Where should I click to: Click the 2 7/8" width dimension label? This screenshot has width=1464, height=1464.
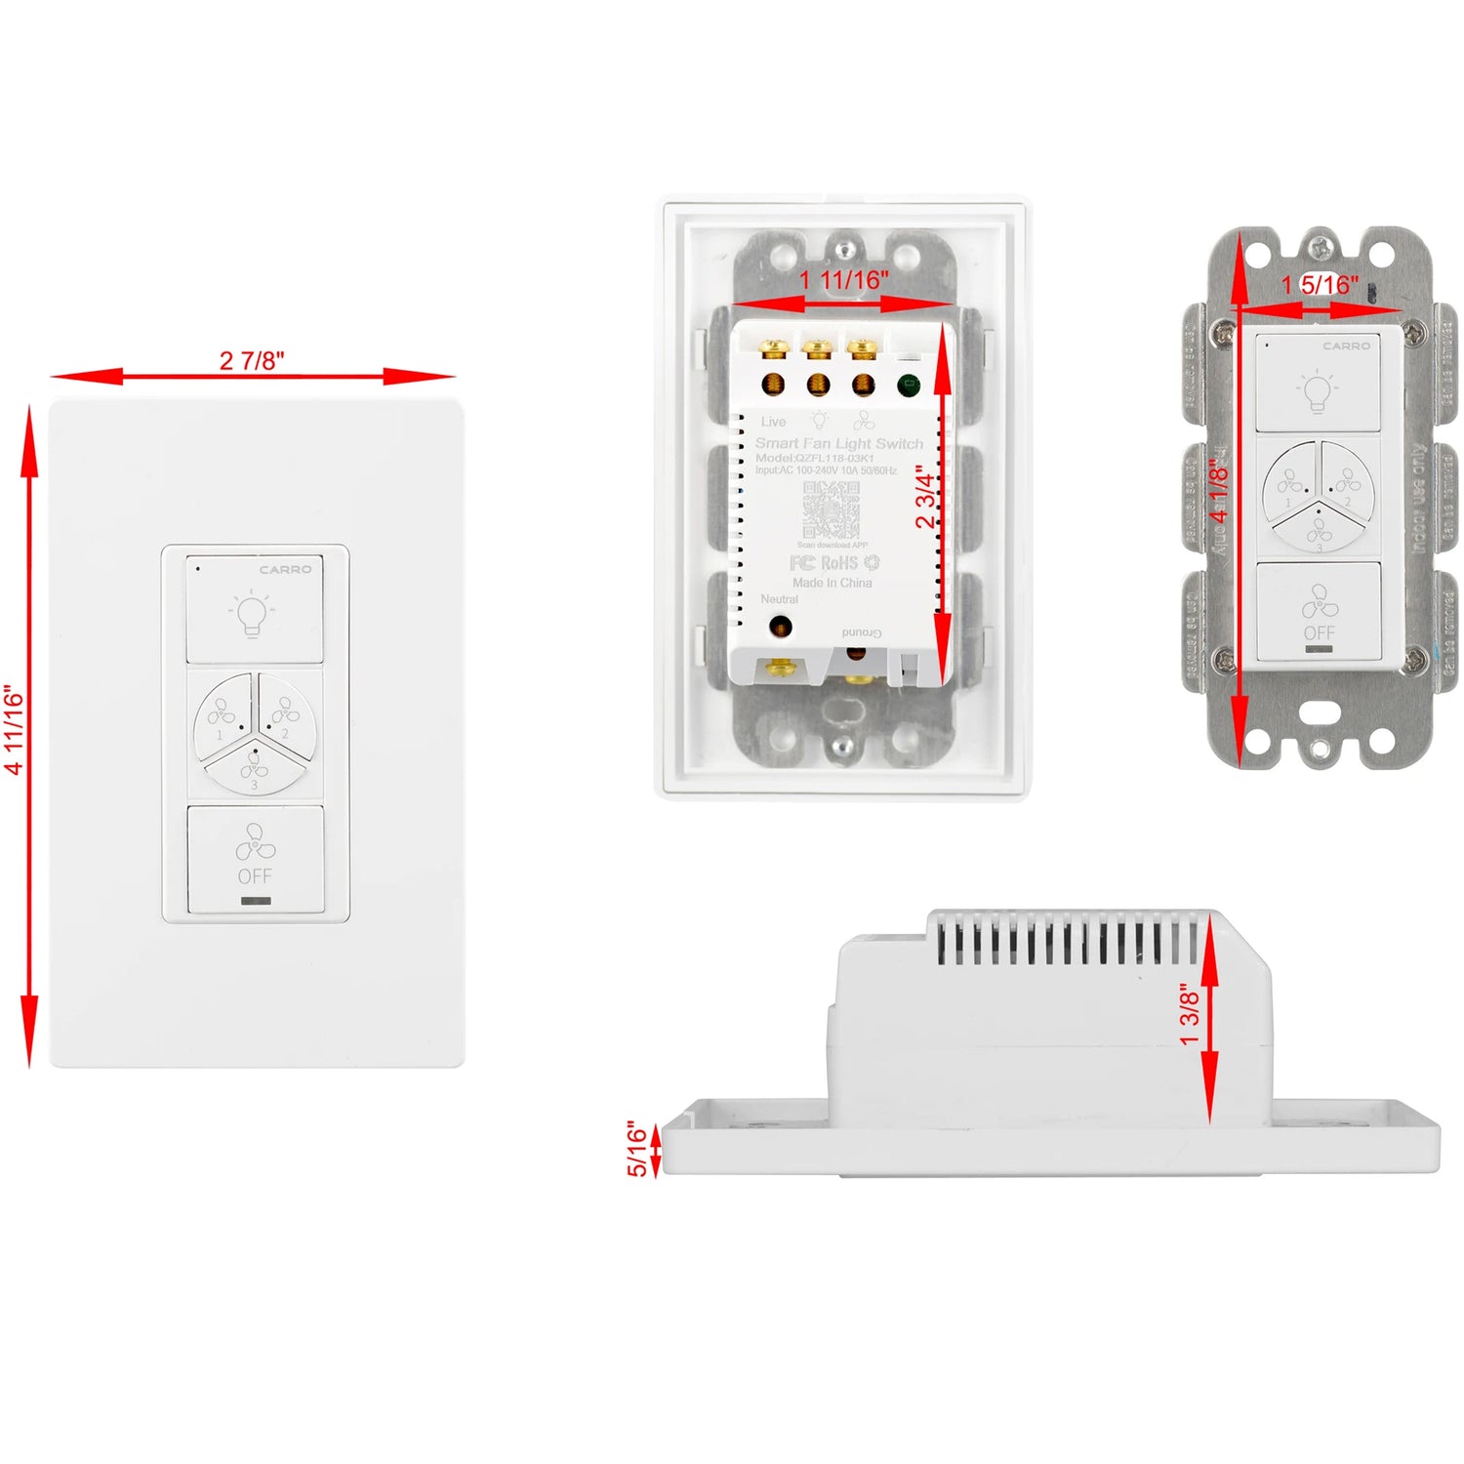(x=252, y=361)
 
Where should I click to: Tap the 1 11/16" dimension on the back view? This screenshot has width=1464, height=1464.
(x=843, y=281)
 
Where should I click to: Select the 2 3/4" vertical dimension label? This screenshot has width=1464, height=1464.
(x=925, y=496)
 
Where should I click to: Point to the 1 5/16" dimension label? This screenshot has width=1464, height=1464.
(x=1320, y=285)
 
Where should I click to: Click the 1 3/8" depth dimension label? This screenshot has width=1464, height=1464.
(x=1190, y=1014)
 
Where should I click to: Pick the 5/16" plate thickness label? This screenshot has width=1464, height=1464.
(x=636, y=1149)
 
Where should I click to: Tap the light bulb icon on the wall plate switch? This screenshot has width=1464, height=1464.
(x=252, y=614)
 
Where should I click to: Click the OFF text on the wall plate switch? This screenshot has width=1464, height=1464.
(x=255, y=876)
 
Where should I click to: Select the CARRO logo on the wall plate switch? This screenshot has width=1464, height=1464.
(x=285, y=569)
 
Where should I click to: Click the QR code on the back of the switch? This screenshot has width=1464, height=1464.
(x=831, y=509)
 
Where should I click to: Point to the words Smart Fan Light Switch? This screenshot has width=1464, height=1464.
(x=838, y=443)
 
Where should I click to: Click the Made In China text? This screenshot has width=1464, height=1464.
(x=832, y=583)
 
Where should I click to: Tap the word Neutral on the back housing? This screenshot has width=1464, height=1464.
(x=779, y=599)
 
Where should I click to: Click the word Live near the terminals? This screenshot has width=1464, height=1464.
(x=773, y=422)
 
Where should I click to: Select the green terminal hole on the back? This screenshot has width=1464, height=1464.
(x=908, y=385)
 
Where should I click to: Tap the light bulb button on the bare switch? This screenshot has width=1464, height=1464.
(x=1317, y=386)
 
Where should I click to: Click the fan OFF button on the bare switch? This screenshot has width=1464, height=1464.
(x=1319, y=612)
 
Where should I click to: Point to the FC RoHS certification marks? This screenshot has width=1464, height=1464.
(x=834, y=563)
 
